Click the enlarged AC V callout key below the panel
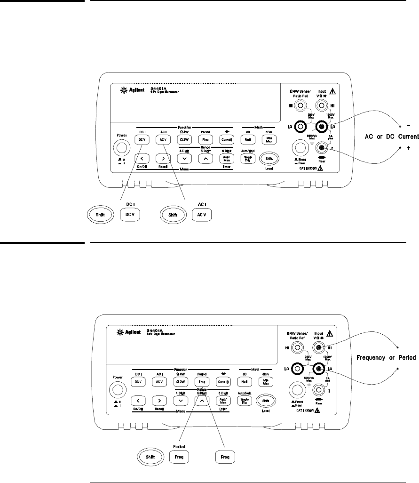tap(202, 215)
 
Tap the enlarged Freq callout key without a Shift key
tap(225, 457)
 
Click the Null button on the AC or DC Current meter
tap(247, 140)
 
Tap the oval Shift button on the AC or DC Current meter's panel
tap(269, 159)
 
